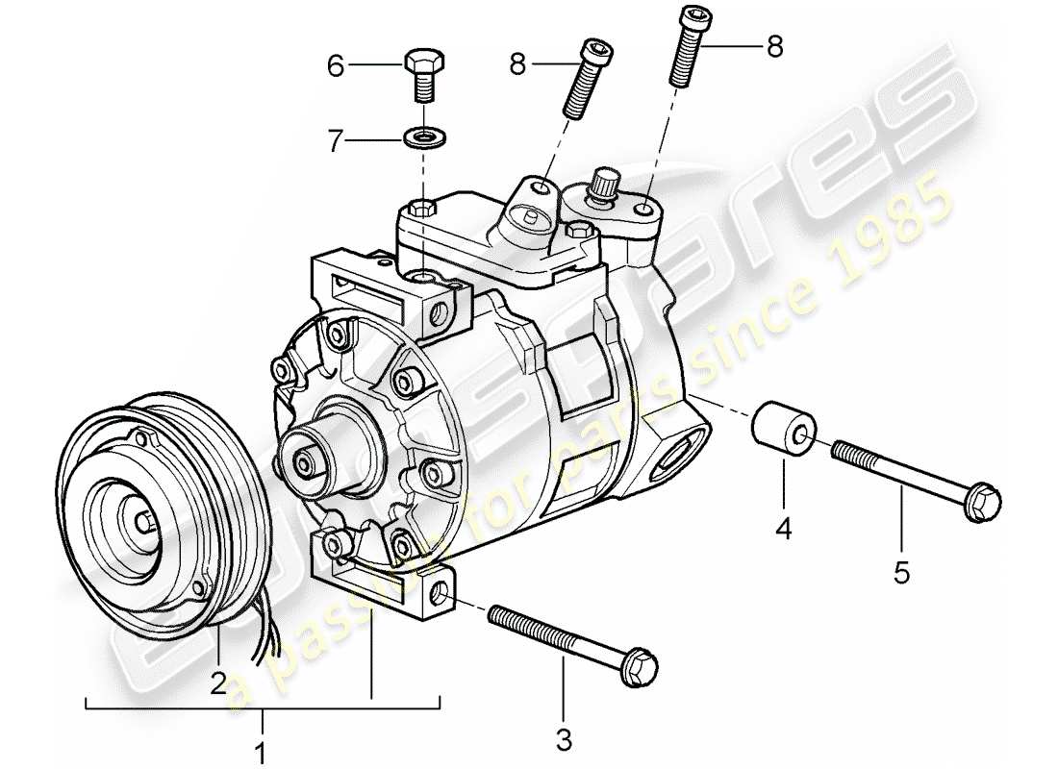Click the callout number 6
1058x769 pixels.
pyautogui.click(x=335, y=66)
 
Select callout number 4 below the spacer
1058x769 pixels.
pyautogui.click(x=784, y=528)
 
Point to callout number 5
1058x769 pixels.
pyautogui.click(x=901, y=573)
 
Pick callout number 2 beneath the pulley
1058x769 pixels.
pyautogui.click(x=218, y=682)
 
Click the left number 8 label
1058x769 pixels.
pyautogui.click(x=518, y=65)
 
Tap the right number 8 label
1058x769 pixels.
pyautogui.click(x=774, y=45)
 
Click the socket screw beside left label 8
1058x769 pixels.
pyautogui.click(x=583, y=77)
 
